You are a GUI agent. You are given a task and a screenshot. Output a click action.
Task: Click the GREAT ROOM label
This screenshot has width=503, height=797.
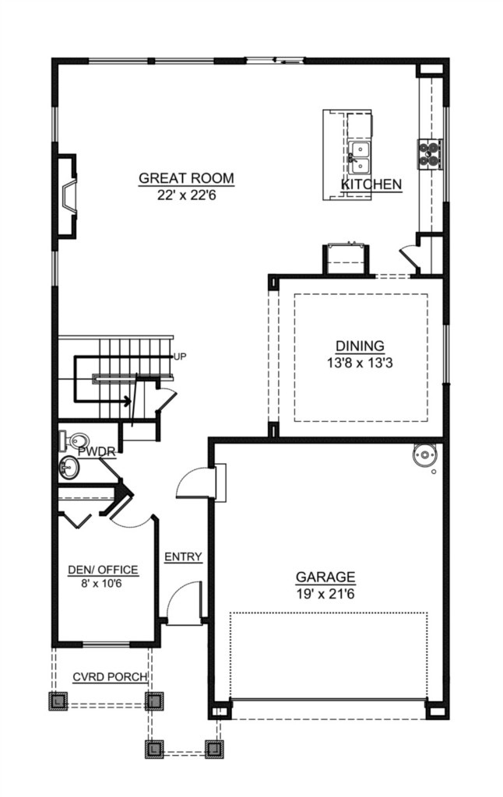click(186, 178)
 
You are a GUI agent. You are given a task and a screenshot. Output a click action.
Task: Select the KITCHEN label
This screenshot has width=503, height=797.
click(371, 184)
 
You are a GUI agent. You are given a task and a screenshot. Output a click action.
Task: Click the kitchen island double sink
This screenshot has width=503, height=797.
click(360, 155)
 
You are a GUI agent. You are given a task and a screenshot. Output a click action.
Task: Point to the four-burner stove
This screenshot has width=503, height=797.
click(430, 153)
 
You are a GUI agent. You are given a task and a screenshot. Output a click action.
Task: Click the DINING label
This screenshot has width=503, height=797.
click(360, 346)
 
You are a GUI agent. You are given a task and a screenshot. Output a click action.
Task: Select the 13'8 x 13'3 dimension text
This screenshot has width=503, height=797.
click(360, 361)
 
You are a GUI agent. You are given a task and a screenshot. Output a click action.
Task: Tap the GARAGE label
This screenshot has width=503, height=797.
click(325, 578)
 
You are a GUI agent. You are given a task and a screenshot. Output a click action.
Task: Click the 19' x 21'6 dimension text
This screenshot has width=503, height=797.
click(325, 593)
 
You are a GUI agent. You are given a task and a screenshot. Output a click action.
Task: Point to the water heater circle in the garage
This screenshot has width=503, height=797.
click(424, 456)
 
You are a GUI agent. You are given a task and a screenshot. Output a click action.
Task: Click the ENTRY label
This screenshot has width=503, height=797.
click(184, 556)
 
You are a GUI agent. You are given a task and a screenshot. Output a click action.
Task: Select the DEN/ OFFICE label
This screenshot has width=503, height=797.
click(103, 571)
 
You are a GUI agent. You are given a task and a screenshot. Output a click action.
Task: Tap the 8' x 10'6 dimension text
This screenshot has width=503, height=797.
click(103, 584)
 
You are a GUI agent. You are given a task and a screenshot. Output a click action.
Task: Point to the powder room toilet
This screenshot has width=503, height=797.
click(69, 440)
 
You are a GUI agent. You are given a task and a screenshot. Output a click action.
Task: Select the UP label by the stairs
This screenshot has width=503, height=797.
click(180, 357)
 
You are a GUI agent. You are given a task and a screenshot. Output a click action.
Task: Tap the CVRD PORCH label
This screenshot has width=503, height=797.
click(110, 677)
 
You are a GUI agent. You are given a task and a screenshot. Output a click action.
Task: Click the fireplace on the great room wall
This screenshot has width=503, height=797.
click(68, 196)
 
